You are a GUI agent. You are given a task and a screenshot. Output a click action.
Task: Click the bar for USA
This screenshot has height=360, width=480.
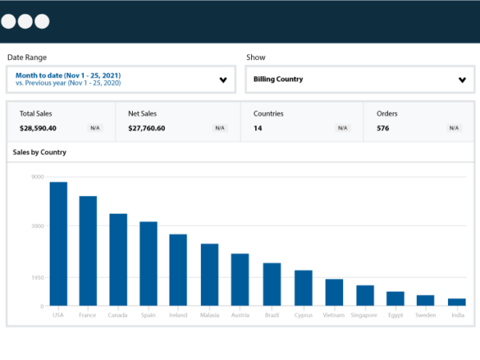click(x=58, y=244)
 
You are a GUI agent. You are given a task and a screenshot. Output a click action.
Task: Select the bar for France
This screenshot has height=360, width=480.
click(x=88, y=250)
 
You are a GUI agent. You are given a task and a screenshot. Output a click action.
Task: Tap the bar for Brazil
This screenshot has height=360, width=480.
click(x=272, y=284)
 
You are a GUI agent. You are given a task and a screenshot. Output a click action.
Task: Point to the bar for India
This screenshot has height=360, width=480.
click(x=457, y=302)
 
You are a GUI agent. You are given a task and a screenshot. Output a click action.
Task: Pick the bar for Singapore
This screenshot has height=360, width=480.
click(x=365, y=295)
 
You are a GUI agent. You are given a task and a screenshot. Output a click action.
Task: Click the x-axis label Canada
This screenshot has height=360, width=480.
click(x=118, y=315)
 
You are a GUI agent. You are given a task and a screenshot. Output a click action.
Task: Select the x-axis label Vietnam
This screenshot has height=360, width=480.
click(x=334, y=315)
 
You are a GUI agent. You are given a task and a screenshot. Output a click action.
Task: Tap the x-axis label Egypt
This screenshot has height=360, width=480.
click(x=395, y=315)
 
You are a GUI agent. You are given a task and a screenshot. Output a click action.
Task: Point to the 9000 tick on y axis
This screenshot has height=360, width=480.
click(x=38, y=177)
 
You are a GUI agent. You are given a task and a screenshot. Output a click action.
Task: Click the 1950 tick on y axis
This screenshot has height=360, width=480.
click(x=38, y=278)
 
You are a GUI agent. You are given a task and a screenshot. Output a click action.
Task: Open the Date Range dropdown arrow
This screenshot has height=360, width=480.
click(x=222, y=80)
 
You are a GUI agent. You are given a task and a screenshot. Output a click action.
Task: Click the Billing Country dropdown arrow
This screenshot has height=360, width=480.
click(x=462, y=80)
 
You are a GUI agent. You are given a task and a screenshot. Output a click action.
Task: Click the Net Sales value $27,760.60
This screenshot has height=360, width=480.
click(x=146, y=128)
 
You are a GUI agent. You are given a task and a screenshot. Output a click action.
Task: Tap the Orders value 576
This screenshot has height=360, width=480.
click(x=382, y=128)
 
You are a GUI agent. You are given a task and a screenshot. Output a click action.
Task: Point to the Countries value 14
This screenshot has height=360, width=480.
click(x=258, y=128)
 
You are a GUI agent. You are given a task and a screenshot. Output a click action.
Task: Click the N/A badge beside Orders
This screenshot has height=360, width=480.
click(x=454, y=128)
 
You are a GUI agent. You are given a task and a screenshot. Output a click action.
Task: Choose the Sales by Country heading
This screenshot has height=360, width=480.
click(x=39, y=152)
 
